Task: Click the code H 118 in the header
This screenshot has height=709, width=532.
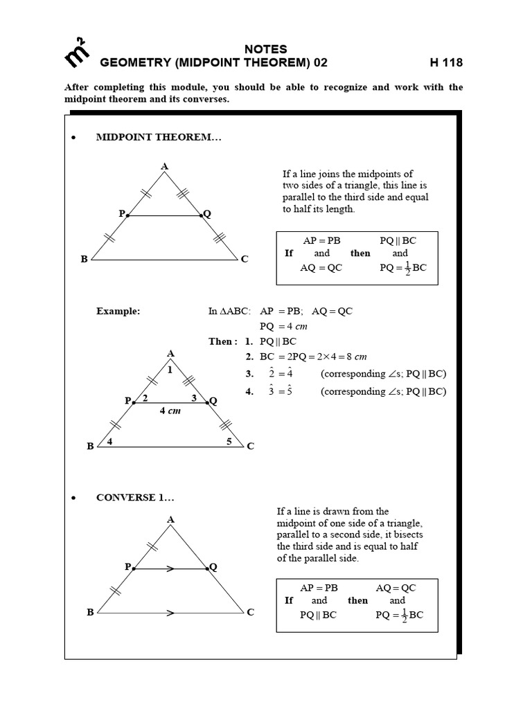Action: [446, 63]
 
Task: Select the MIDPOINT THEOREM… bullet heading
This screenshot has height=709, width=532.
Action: [159, 138]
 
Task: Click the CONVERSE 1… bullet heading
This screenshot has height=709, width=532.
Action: [135, 497]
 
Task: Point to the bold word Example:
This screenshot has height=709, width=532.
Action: [118, 311]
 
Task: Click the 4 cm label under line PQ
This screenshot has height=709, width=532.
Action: [170, 411]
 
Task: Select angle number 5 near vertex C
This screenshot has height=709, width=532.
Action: [229, 441]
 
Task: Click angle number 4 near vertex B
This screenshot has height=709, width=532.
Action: [111, 441]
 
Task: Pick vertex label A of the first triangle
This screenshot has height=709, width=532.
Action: [165, 166]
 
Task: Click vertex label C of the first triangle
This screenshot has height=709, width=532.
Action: [245, 259]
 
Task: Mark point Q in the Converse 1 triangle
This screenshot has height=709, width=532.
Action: [213, 567]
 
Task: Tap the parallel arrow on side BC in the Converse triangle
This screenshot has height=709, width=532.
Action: [170, 613]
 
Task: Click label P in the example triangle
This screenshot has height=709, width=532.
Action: [127, 401]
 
